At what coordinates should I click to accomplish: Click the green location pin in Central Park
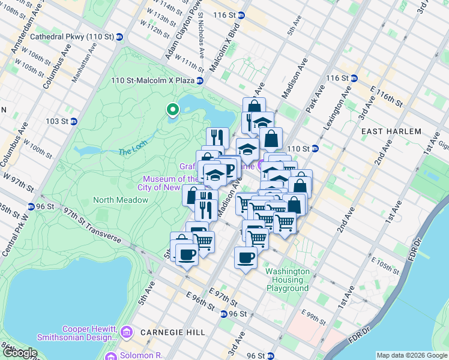click(173, 110)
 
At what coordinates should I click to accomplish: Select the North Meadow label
click(116, 200)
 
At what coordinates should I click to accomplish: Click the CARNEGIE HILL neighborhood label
click(172, 332)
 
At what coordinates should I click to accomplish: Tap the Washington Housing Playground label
click(288, 280)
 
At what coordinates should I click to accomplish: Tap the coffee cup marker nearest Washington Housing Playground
click(246, 259)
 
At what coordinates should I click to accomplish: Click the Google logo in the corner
click(19, 353)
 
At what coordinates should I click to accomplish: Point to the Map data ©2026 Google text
click(412, 355)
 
